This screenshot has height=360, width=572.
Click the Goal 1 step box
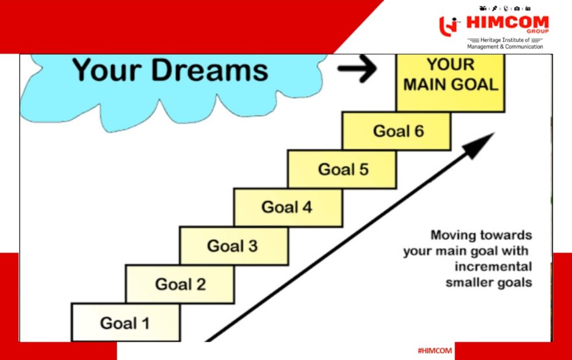126,323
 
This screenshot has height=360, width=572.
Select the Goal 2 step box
180,284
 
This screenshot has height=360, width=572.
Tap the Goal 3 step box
234,246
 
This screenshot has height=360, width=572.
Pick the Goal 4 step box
288,207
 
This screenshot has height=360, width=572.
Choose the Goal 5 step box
342,169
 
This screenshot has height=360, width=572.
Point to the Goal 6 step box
397,131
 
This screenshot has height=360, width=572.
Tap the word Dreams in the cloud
210,70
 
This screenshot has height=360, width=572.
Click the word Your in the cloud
107,70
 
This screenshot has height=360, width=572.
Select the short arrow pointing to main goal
357,68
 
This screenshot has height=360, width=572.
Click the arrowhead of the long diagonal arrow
479,145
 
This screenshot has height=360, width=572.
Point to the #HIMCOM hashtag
435,351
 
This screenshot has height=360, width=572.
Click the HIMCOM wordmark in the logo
507,22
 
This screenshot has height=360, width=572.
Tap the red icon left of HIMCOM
449,26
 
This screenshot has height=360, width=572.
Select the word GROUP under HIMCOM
537,31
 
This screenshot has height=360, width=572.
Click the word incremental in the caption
493,267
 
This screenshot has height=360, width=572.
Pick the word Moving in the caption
451,235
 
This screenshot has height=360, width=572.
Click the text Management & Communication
505,47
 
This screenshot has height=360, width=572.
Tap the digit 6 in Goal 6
419,131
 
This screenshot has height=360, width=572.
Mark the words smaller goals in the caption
489,283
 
